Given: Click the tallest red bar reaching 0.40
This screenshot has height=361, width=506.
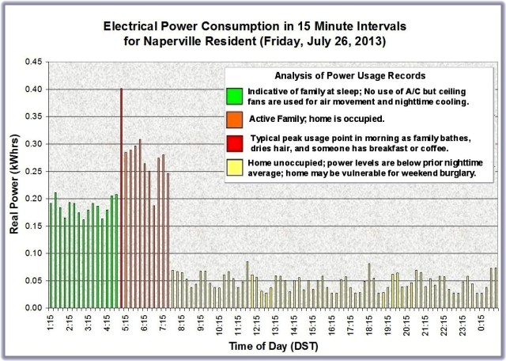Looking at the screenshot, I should tap(121, 198).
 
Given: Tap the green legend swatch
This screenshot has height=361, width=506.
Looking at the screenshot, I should tap(232, 96).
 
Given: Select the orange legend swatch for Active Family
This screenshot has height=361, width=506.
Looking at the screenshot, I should tap(232, 119).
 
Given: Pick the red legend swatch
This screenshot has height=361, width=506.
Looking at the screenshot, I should tap(232, 142).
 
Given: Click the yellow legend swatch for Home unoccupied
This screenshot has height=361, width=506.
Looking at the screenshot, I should tap(232, 166).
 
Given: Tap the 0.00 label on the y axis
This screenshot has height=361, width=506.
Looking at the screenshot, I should tap(32, 307).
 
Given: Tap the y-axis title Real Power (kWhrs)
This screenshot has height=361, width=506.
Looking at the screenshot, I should tap(13, 187).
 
